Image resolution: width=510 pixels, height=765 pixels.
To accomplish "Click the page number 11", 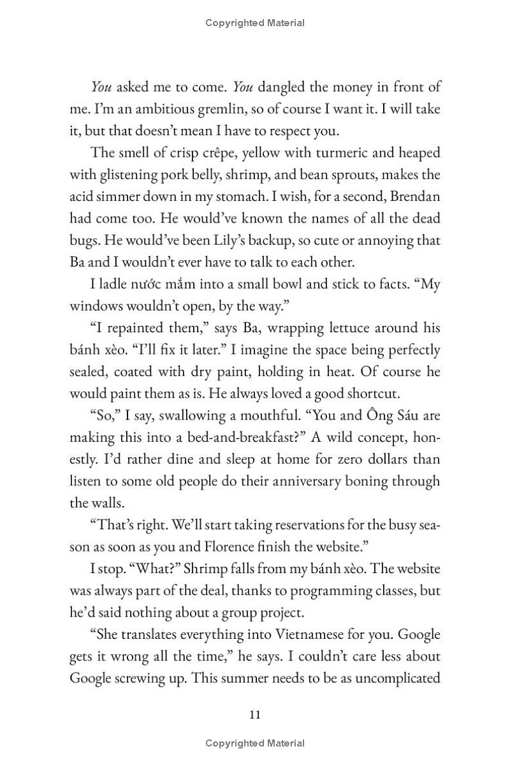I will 254,714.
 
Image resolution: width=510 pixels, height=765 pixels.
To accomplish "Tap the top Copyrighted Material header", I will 255,23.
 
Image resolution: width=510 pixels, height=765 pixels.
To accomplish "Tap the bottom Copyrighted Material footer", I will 255,743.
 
